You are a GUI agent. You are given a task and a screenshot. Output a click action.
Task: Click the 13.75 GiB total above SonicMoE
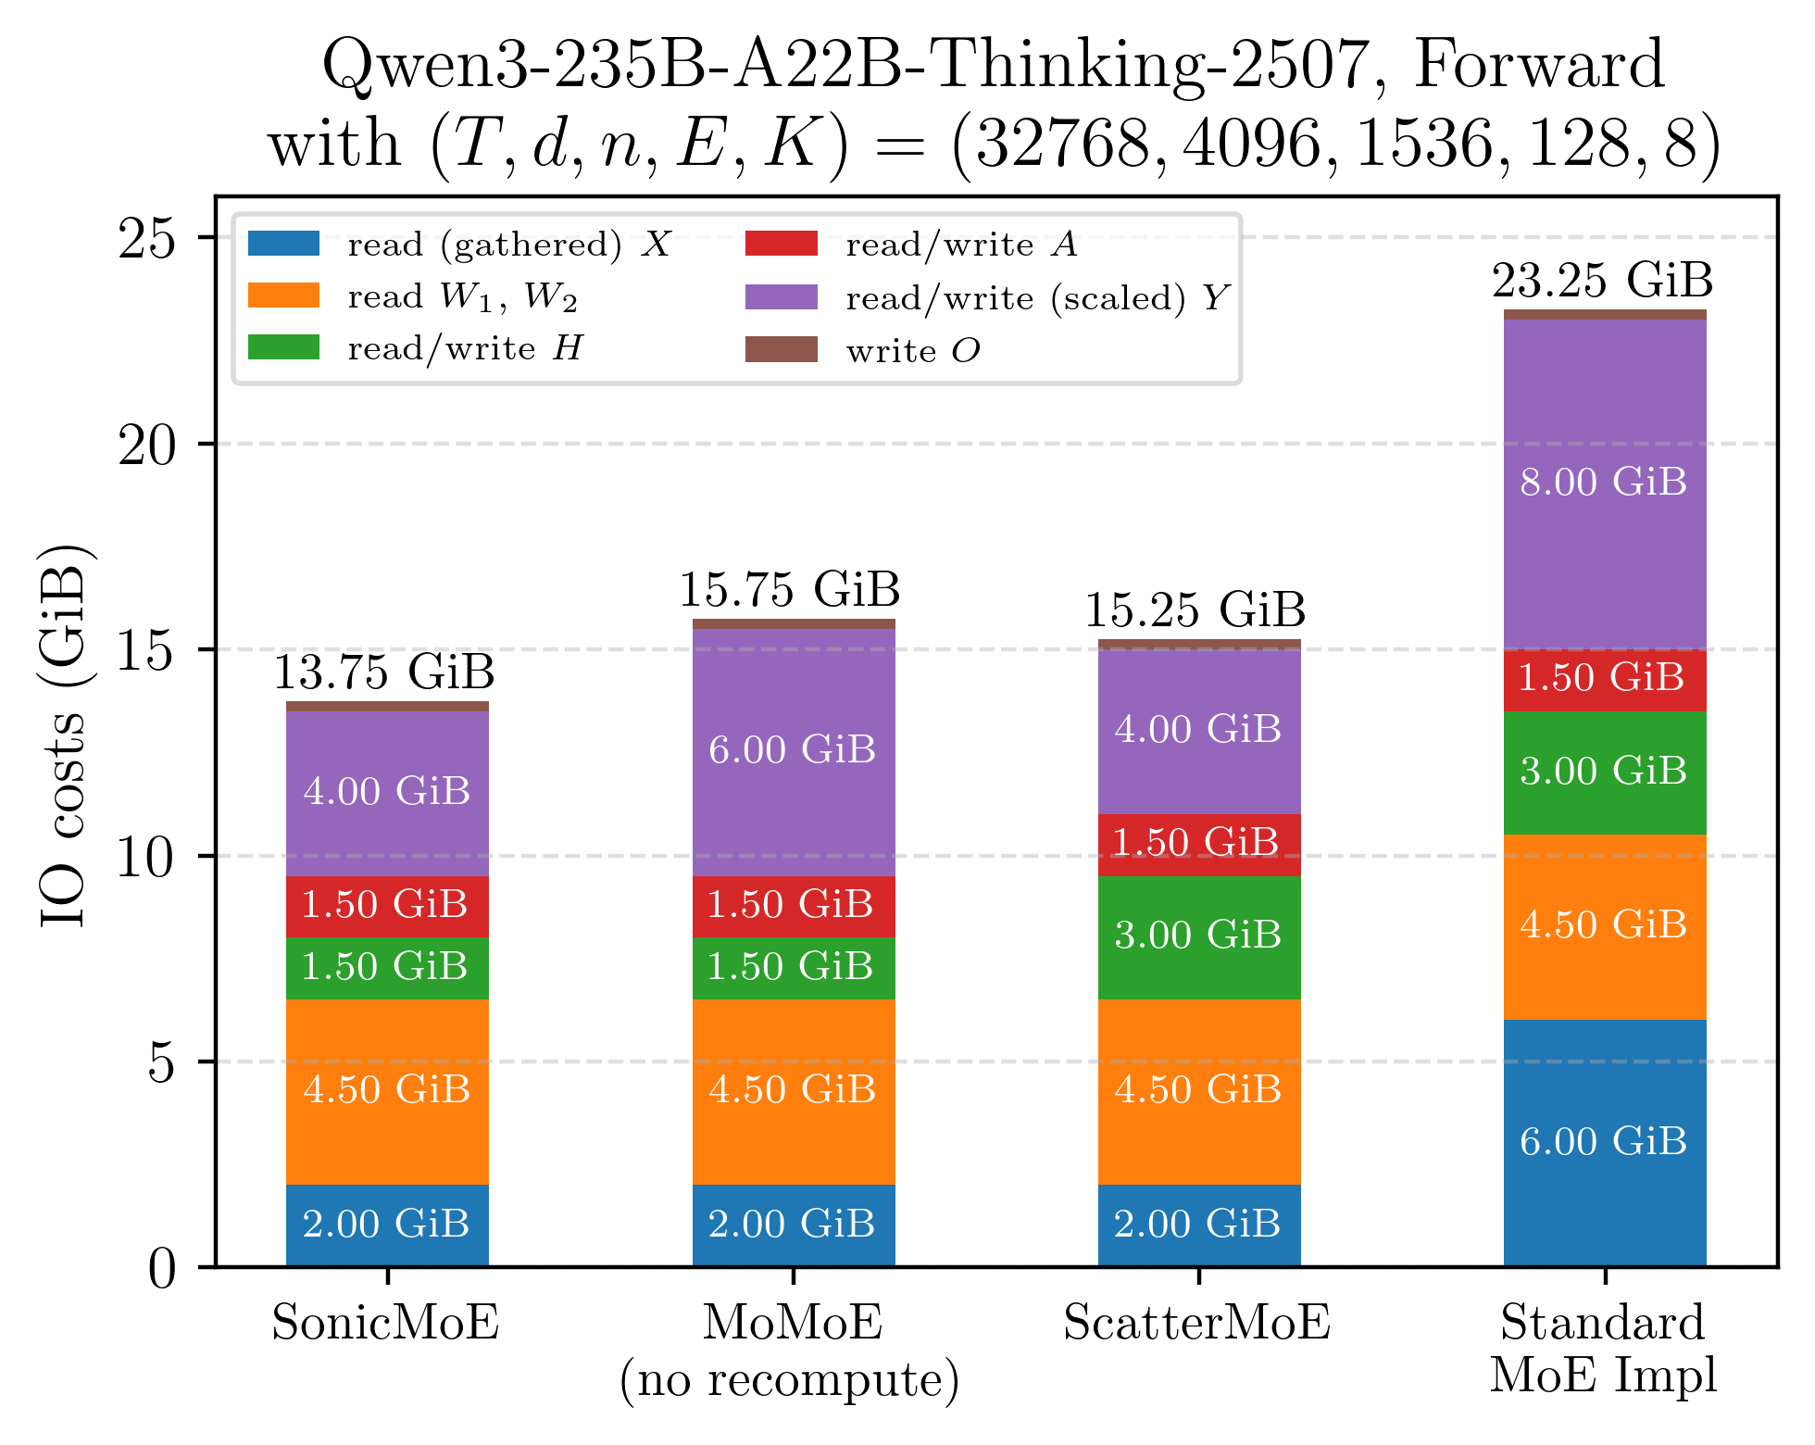[384, 672]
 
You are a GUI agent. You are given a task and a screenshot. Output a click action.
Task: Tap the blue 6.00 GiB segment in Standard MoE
[1604, 1142]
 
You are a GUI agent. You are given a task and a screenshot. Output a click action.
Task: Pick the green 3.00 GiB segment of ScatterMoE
[1198, 936]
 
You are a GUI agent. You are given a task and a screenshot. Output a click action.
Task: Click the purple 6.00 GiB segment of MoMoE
[793, 750]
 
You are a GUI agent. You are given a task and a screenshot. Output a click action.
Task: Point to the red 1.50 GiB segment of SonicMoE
[386, 905]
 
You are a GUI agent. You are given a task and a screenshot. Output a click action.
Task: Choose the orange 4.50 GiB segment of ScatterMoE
[1198, 1090]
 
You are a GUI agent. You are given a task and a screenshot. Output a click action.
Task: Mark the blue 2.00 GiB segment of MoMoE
[793, 1225]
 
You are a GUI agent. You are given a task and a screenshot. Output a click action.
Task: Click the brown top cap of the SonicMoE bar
[387, 706]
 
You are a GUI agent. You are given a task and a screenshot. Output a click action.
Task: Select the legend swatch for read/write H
[283, 348]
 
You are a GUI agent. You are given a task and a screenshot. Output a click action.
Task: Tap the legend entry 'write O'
[912, 351]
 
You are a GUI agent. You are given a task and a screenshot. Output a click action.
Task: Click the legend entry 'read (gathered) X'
[508, 245]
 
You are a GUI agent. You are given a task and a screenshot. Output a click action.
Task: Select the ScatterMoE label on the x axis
[1196, 1323]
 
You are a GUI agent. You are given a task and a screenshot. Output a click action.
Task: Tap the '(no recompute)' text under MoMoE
[789, 1380]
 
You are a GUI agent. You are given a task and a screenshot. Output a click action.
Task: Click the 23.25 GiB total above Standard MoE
[1602, 281]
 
